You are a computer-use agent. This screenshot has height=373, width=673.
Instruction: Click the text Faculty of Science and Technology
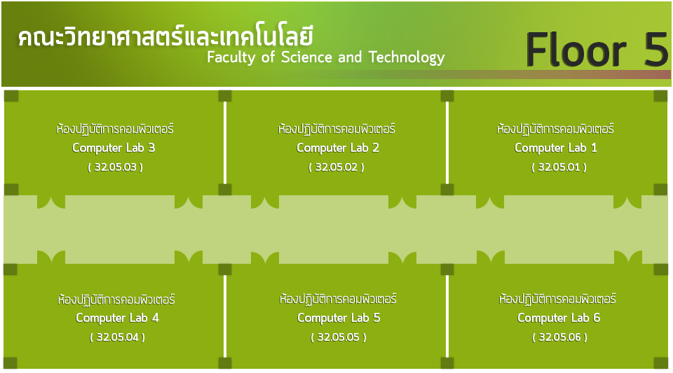pos(326,57)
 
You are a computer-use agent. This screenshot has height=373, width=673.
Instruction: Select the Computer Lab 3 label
pos(114,148)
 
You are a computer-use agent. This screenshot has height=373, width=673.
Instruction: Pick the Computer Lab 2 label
pos(338,148)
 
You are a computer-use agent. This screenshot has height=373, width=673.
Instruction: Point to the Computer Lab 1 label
pos(556,148)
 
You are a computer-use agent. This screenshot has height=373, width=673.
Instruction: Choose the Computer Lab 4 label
pos(117,318)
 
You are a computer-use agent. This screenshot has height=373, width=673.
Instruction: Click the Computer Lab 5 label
pos(339,318)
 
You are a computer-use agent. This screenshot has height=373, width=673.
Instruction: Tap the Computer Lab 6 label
pos(559,318)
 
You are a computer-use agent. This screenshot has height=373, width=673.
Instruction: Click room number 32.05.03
pos(116,167)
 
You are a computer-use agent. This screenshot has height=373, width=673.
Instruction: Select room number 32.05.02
pos(336,167)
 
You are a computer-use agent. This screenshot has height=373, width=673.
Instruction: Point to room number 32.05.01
pos(559,167)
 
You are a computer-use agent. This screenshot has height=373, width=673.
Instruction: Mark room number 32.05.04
pos(117,337)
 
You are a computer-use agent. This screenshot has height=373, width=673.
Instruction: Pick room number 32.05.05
pos(339,337)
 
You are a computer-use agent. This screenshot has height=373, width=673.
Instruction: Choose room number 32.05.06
pos(560,337)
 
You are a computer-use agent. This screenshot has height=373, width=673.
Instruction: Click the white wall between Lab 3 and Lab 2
pos(225,143)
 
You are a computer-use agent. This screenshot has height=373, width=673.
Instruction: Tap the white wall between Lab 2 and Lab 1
pos(447,143)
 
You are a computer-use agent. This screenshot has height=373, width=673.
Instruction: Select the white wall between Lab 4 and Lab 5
pos(225,316)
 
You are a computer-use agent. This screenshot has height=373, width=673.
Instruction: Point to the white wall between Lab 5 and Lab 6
pos(447,316)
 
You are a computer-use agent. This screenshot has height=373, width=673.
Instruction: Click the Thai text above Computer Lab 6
pos(557,299)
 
